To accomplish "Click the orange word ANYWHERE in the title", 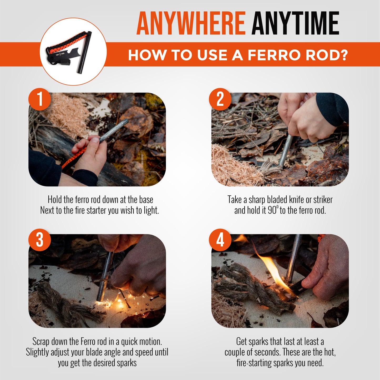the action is (191, 23).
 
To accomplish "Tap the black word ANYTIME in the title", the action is (295, 23).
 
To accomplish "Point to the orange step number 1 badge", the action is (40, 99).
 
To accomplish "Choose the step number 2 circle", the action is (220, 99).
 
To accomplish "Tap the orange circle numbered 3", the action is (40, 240).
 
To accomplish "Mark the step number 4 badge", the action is (220, 240).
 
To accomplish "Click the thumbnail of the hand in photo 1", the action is (95, 140).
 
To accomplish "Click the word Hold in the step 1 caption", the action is (55, 200).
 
